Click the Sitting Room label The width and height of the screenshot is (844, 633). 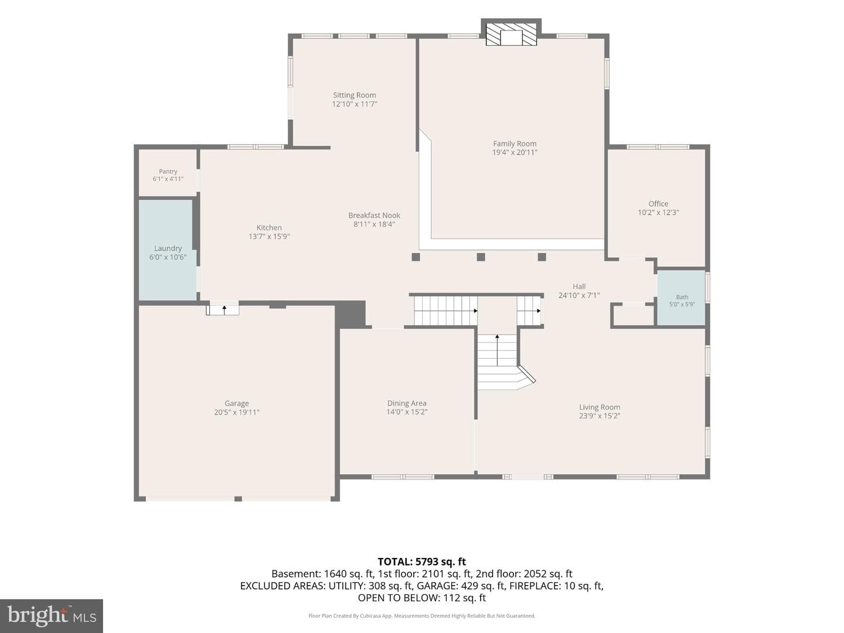pos(354,95)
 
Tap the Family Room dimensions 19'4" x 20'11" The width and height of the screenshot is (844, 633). pos(515,152)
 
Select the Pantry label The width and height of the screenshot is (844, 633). pos(168,171)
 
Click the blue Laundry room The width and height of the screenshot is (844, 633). pos(168,250)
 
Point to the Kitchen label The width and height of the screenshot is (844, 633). pos(269,227)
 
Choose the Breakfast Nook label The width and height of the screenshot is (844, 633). pos(374,215)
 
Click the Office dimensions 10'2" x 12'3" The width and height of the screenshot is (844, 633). pos(658,213)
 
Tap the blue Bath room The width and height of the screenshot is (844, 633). pos(681,298)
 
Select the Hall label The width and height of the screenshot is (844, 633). pos(579,287)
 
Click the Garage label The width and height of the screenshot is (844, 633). pos(236,403)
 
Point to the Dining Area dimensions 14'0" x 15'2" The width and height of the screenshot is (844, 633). pos(407,412)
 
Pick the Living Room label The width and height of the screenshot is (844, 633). pos(600,407)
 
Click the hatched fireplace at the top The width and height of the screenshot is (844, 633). pos(511,35)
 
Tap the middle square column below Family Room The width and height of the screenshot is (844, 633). pos(481,257)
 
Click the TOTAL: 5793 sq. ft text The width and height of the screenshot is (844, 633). pos(422,562)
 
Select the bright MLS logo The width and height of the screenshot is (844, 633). pos(52,615)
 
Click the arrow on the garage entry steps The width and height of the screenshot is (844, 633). pos(224,310)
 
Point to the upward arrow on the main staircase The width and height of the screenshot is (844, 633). pos(497,350)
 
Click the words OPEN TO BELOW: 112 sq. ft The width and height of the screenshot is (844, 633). pos(422,598)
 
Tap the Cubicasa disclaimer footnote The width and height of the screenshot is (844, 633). pos(422,615)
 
